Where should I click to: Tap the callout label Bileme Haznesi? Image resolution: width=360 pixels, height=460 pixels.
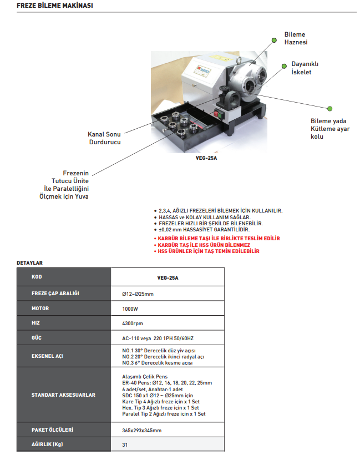295,38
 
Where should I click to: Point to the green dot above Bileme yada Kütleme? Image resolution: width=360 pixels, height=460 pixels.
329,108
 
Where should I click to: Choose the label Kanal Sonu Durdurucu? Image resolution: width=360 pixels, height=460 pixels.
105,138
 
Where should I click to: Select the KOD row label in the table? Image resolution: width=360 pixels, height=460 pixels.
37,276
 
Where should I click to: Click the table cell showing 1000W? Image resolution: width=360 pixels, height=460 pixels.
131,308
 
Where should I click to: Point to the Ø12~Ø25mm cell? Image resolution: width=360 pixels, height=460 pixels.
138,293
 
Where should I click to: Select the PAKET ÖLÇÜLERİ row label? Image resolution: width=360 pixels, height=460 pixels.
53,429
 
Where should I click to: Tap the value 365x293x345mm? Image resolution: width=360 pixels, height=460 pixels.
141,430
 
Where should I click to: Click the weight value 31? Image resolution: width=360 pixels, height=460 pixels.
125,444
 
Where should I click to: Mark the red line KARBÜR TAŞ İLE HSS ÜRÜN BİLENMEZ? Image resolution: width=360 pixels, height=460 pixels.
203,245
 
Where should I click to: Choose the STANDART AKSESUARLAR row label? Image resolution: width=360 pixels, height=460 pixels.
63,395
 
